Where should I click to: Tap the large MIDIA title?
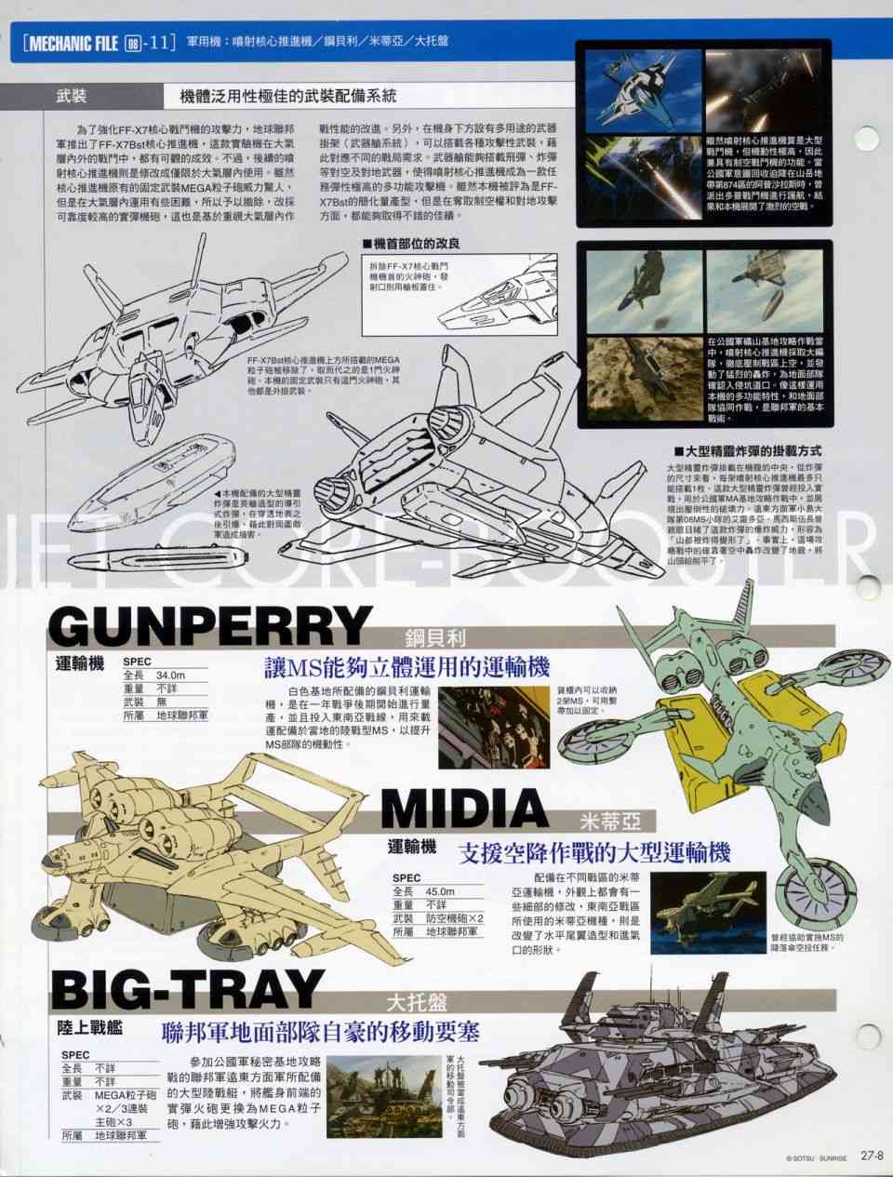click(x=477, y=809)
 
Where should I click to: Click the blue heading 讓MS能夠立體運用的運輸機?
click(x=407, y=666)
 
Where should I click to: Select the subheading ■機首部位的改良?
click(x=410, y=243)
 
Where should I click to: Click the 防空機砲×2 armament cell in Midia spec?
click(x=452, y=917)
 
